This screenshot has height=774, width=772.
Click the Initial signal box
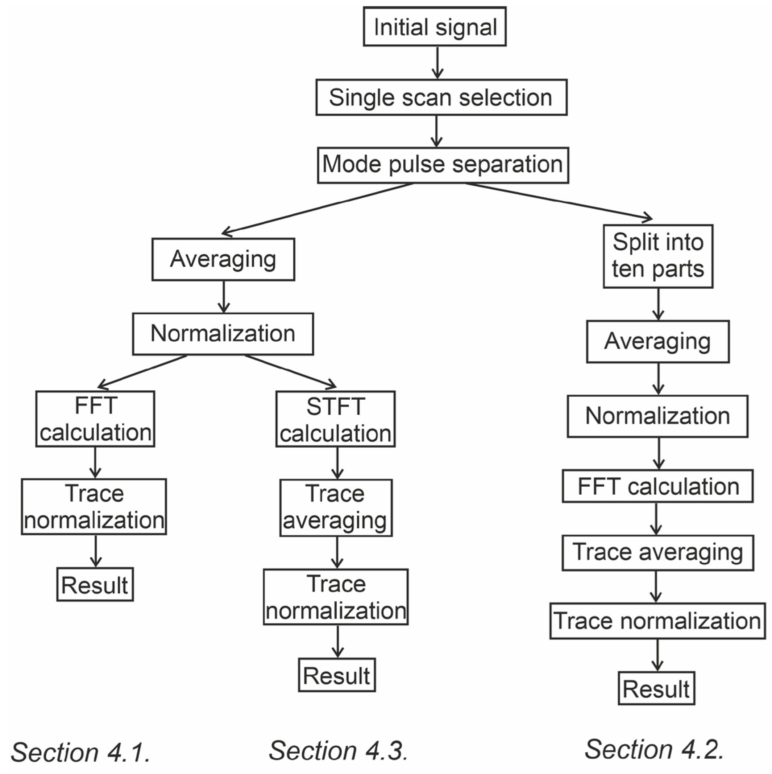coord(435,27)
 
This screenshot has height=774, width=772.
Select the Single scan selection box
coord(441,97)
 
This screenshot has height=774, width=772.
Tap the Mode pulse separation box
coord(443,165)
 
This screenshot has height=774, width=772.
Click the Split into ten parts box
coord(658,256)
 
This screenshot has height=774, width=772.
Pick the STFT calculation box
coord(336,419)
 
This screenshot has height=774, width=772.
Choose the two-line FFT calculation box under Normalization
coord(95,419)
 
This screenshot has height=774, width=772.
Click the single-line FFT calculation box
coord(657,486)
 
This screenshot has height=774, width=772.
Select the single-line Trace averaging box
coord(657,552)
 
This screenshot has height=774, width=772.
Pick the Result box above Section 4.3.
coord(337,675)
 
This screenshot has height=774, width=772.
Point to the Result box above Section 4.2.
coord(656,688)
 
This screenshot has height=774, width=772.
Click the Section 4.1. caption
coord(80,752)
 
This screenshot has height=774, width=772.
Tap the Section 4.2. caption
coord(654,749)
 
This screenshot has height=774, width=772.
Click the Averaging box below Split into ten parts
coord(658,342)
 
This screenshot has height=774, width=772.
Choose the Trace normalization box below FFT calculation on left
coord(94,507)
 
